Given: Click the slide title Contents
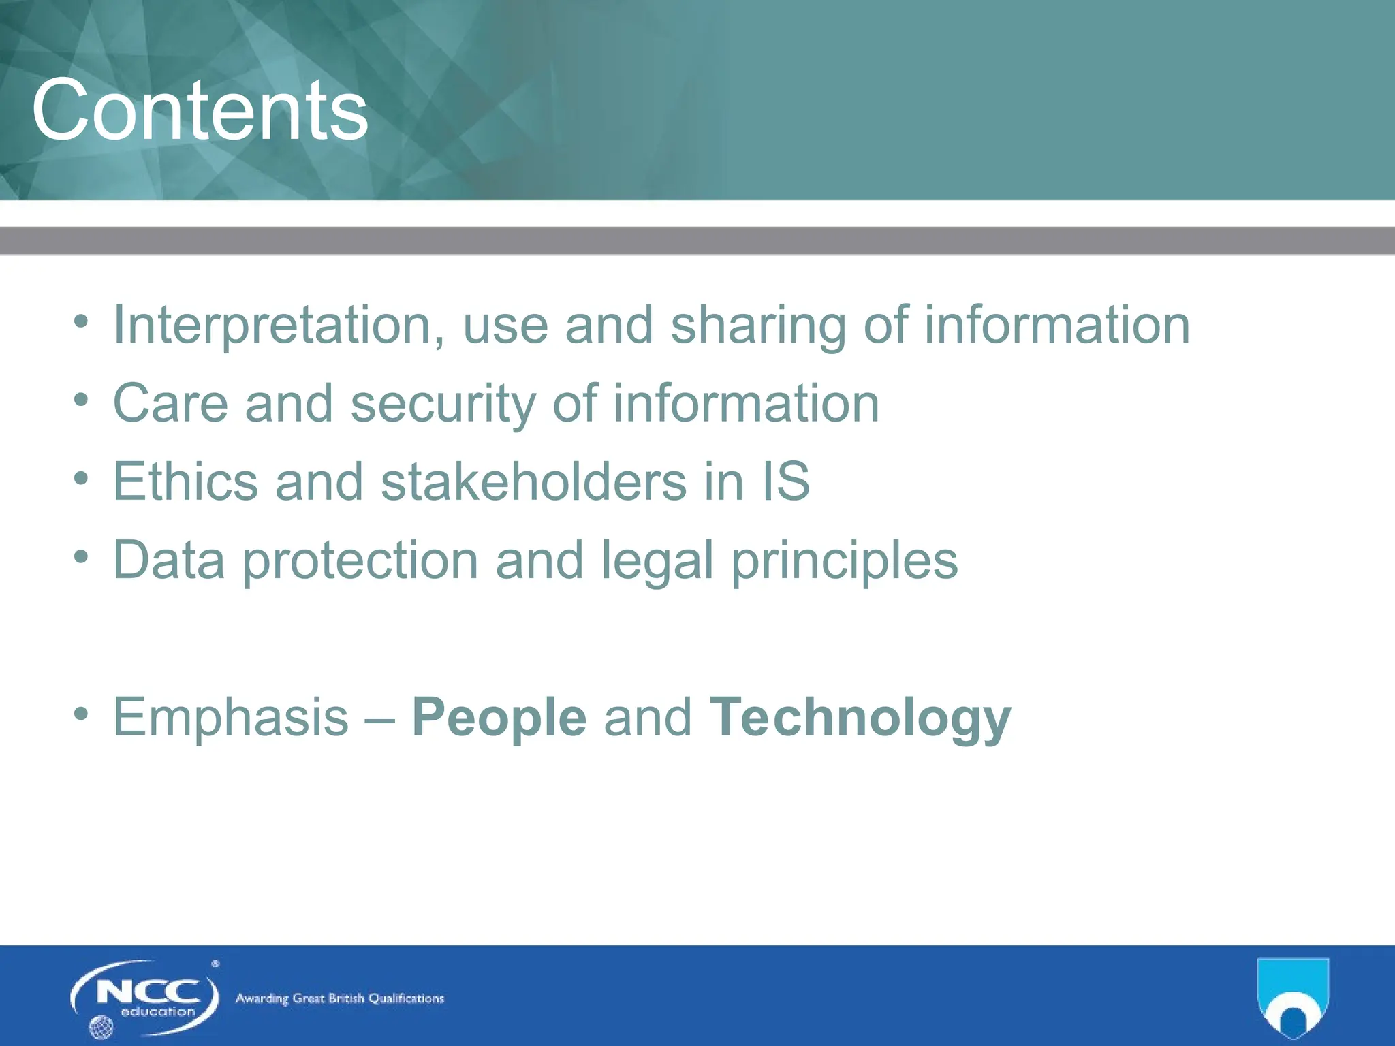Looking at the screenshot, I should coord(200,111).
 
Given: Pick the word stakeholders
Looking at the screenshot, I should coord(533,481).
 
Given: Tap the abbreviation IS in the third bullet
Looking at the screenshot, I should coord(786,481).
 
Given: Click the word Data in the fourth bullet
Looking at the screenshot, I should coord(169,560).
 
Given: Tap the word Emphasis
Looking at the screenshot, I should coord(231,717).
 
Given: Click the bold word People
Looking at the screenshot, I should coord(499,717).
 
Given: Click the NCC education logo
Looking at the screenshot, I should coord(145,997).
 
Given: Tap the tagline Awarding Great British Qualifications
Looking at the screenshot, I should coord(339,998).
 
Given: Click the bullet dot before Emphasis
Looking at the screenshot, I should coord(81,714).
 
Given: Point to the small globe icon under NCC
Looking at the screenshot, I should coord(101,1026).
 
